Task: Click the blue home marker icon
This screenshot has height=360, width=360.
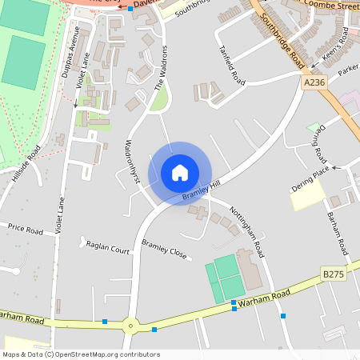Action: point(179,173)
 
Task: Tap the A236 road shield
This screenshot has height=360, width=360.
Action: point(314,82)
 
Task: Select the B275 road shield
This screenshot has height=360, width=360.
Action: point(334,274)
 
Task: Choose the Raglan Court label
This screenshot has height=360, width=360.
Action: point(108,250)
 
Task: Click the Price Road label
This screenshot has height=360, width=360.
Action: point(25,229)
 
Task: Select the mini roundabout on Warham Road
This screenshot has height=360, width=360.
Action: point(130,326)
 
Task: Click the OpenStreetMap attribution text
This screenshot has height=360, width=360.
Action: point(82,354)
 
